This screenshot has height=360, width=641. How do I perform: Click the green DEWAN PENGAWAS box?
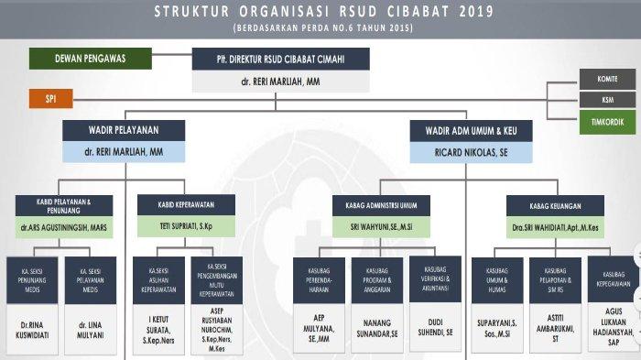click(x=90, y=58)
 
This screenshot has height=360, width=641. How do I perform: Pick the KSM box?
click(x=606, y=100)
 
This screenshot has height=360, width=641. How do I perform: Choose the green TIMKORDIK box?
click(x=606, y=120)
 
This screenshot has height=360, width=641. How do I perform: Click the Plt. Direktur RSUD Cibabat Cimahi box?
click(x=281, y=60)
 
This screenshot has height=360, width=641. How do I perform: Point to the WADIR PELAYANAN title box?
click(x=124, y=130)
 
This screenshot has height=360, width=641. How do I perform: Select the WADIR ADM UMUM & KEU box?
click(x=472, y=130)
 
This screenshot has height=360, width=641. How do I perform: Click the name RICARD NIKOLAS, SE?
click(x=472, y=152)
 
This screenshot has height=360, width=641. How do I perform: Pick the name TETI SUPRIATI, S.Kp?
click(x=186, y=225)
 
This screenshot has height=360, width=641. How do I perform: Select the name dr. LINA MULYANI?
click(x=90, y=330)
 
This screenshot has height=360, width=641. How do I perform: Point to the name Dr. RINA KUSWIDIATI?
click(x=33, y=330)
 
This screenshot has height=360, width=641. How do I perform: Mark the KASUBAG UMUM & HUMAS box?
click(x=497, y=279)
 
